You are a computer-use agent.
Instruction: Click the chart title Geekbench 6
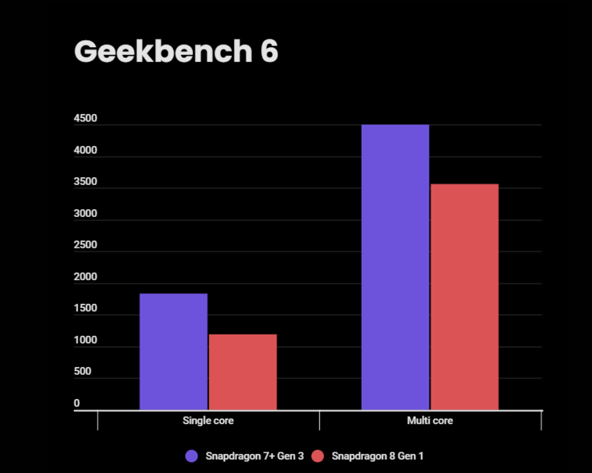(176, 52)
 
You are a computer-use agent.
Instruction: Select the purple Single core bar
(173, 351)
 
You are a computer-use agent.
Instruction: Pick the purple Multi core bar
(395, 267)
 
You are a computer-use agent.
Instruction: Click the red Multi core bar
(464, 296)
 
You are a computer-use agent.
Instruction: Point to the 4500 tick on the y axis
(85, 119)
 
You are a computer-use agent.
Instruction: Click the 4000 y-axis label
(85, 151)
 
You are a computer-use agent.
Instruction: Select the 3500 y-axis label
(85, 182)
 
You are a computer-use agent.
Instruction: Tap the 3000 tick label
(85, 214)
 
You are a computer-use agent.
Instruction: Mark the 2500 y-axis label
(85, 245)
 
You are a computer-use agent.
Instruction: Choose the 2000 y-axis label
(85, 277)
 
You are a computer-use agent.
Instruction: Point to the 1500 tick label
(85, 309)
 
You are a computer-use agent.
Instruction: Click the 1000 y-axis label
(85, 341)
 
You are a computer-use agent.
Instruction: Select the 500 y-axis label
(82, 372)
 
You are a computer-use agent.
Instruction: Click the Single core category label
(208, 421)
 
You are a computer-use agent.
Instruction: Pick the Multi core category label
(430, 421)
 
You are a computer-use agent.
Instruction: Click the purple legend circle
(192, 456)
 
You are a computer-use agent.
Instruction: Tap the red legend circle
(318, 456)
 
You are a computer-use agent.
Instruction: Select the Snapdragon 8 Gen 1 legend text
(377, 456)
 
